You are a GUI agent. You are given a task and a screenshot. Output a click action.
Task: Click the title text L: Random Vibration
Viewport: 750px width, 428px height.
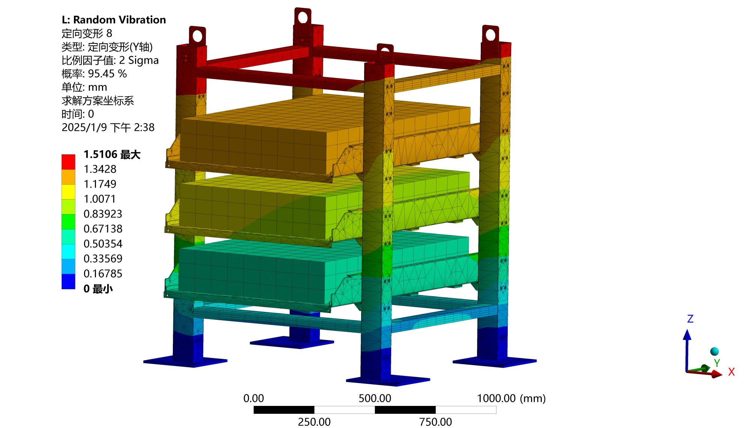point(114,20)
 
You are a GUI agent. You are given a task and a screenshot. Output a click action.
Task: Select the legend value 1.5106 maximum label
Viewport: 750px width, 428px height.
point(112,154)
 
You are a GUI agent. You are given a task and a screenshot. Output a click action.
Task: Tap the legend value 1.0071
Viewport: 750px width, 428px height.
point(100,199)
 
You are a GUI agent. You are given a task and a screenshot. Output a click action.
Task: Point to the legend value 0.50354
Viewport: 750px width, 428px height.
point(103,244)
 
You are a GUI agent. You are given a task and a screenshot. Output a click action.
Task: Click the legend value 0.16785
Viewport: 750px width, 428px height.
point(103,274)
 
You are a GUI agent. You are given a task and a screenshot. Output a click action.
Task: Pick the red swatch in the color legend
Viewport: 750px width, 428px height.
point(68,162)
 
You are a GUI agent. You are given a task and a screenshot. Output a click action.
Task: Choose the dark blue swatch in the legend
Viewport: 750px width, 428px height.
point(68,282)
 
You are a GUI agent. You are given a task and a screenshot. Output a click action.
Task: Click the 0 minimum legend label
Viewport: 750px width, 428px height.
point(98,289)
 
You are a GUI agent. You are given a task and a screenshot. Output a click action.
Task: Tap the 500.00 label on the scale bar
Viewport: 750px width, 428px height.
point(375,398)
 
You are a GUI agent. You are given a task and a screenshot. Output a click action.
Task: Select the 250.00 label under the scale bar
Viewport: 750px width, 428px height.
point(314,422)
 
